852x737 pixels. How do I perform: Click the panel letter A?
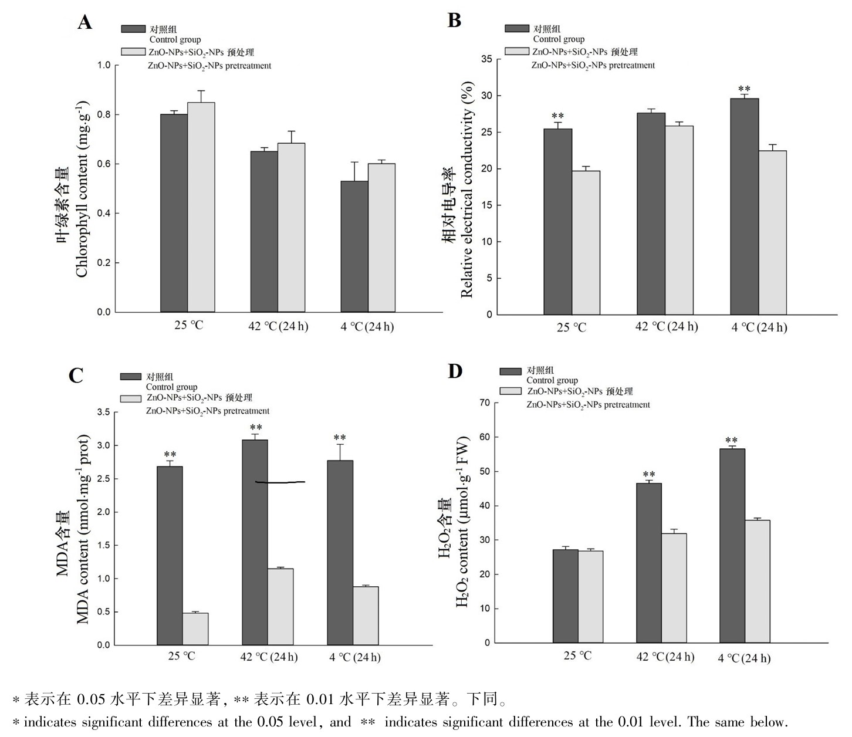click(x=85, y=22)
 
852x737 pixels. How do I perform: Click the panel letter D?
click(x=455, y=371)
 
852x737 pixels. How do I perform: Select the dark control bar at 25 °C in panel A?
click(x=174, y=212)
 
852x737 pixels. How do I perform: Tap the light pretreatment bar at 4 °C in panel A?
click(x=381, y=238)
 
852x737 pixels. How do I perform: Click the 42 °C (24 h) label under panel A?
click(x=278, y=326)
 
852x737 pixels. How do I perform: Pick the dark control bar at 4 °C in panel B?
click(x=745, y=207)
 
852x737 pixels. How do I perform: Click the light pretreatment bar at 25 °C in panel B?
click(x=586, y=243)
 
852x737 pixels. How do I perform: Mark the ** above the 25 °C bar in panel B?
click(x=557, y=116)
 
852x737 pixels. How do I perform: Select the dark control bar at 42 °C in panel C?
click(x=255, y=542)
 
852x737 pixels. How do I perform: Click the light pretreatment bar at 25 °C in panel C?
click(x=195, y=629)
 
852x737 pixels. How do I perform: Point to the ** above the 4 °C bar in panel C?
click(x=340, y=437)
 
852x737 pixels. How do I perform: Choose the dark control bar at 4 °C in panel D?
click(x=732, y=546)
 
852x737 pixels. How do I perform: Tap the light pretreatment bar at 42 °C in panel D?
click(x=674, y=588)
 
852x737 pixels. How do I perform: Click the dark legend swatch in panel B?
click(x=517, y=28)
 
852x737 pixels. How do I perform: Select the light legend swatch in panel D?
click(x=510, y=391)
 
